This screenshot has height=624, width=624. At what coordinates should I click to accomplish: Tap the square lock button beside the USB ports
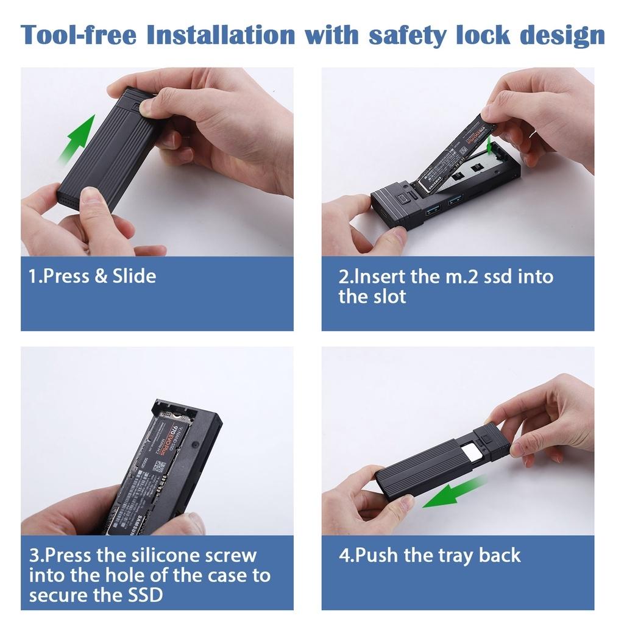point(402,199)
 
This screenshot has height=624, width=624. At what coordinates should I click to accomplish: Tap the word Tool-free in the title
point(78,35)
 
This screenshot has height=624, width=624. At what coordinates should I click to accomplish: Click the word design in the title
point(562,35)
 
